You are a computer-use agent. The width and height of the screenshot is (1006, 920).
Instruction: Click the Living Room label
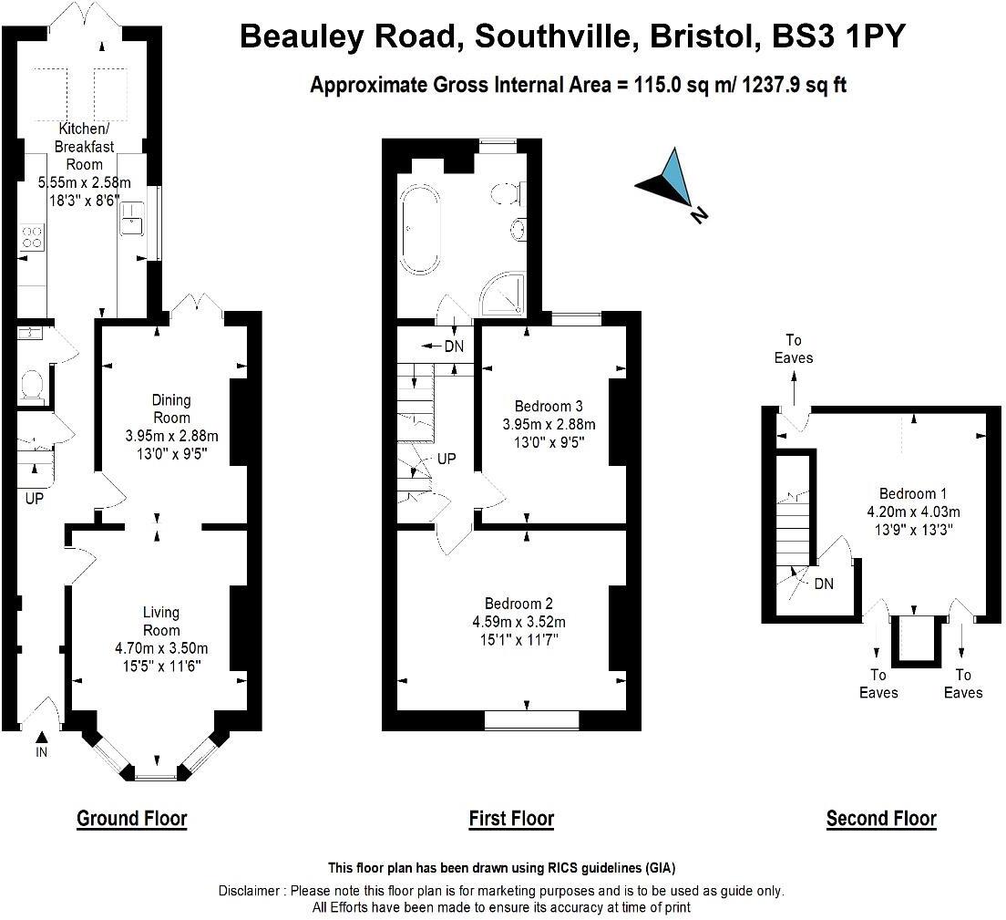[x=160, y=621]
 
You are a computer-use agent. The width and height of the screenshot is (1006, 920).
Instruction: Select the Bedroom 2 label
[x=518, y=604]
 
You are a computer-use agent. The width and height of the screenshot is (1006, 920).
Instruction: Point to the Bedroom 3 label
[x=549, y=406]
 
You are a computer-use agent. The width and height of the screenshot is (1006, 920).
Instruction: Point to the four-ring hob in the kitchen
[x=31, y=237]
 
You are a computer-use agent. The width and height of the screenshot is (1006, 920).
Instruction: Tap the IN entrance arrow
[x=41, y=737]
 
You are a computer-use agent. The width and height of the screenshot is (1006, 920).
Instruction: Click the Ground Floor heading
[x=132, y=818]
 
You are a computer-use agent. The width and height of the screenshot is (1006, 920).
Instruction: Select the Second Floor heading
[x=881, y=818]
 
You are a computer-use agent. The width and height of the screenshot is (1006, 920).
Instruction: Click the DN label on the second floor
[x=823, y=584]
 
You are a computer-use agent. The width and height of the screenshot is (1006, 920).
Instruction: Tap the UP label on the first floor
[x=447, y=459]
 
